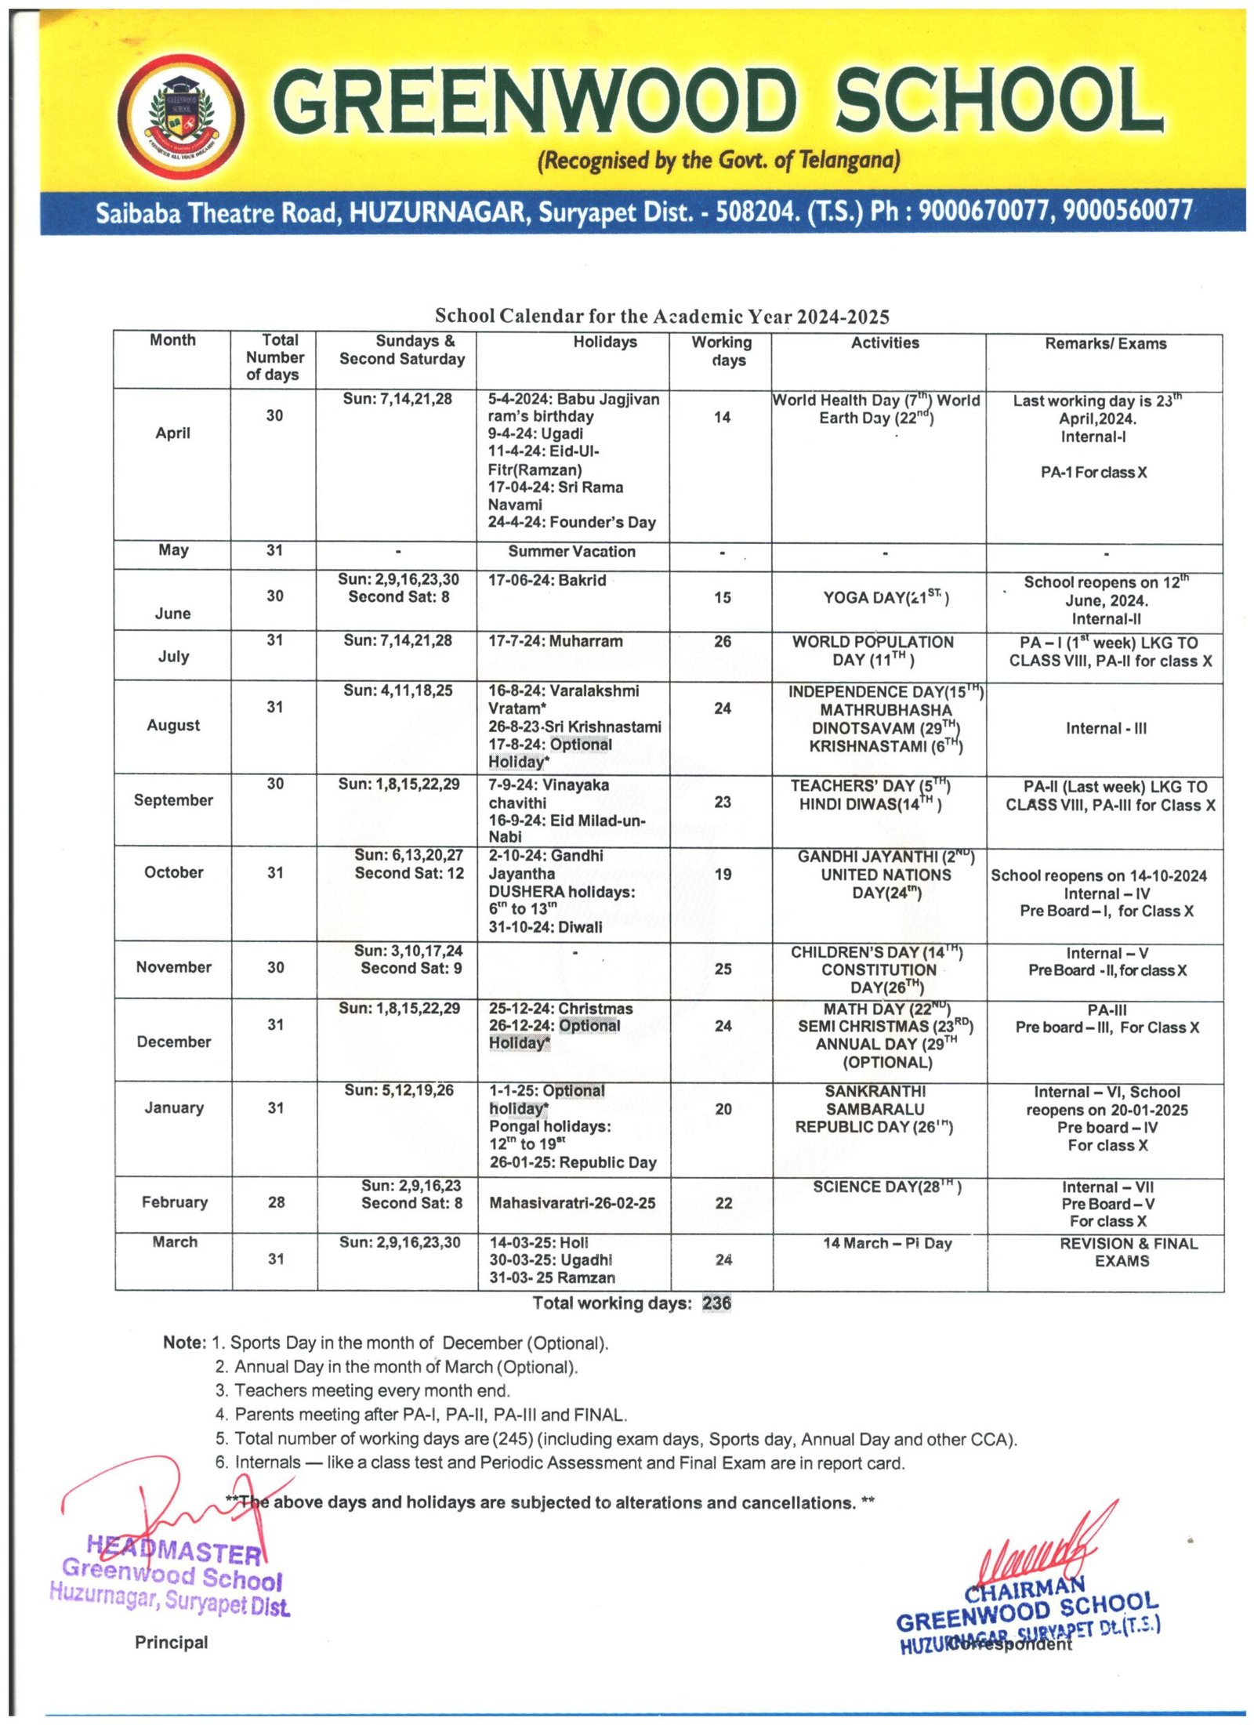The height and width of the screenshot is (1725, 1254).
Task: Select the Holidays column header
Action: (x=604, y=342)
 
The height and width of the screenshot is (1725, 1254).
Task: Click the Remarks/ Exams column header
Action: (x=1104, y=343)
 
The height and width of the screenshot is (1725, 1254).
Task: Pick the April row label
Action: (x=172, y=433)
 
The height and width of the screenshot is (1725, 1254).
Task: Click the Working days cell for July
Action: (x=722, y=641)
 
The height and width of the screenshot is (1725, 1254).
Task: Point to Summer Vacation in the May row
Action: (x=571, y=551)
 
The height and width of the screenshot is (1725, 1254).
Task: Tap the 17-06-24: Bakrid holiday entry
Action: (x=547, y=581)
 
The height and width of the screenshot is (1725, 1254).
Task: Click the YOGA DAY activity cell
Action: (x=885, y=598)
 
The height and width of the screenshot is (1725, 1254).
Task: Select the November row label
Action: (x=173, y=967)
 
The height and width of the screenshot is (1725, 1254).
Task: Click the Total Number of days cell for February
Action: (x=276, y=1202)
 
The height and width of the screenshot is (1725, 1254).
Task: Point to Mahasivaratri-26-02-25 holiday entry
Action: (x=572, y=1203)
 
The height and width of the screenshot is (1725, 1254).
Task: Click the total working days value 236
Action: (x=716, y=1303)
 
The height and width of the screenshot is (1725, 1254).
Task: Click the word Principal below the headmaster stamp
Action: (x=171, y=1643)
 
